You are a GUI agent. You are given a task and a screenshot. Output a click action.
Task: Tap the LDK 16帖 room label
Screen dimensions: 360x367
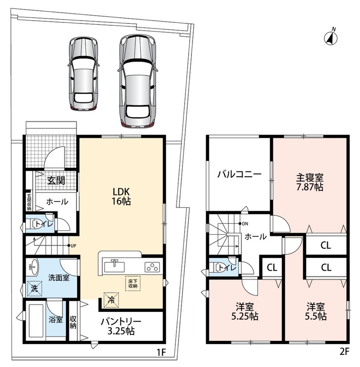coord(121,196)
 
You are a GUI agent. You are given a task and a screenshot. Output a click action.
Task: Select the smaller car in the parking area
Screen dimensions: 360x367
coord(84,73)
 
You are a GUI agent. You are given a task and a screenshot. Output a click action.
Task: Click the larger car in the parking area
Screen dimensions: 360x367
coord(137,81)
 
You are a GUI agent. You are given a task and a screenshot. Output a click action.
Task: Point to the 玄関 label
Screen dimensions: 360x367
coord(56,180)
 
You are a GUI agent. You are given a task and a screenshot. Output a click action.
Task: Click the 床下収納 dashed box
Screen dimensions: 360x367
coord(133,284)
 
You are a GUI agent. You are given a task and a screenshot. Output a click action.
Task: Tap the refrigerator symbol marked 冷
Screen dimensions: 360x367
coord(111,300)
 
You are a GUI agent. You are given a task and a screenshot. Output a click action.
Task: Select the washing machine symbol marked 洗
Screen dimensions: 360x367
coord(34,289)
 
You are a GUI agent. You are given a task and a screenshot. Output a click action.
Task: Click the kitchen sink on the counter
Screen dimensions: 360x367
coord(114,267)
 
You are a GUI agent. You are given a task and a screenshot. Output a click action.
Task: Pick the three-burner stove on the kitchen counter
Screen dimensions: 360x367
coord(152,267)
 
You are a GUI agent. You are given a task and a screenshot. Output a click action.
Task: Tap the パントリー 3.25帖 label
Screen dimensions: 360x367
coord(121,326)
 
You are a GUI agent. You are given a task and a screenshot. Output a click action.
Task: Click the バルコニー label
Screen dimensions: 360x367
coord(239,174)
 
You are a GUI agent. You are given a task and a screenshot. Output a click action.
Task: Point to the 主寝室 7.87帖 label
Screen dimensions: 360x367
coord(309,182)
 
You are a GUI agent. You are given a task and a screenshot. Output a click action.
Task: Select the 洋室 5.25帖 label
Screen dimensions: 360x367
coord(245,311)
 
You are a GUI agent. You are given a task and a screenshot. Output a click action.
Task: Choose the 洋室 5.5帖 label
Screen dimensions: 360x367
coord(316,311)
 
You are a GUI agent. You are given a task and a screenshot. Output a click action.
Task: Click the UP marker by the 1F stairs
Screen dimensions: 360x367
coord(72,246)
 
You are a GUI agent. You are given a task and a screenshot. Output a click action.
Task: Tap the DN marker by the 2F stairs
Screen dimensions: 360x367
coord(243,224)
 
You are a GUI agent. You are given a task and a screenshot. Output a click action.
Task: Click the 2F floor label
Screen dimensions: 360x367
coord(344,351)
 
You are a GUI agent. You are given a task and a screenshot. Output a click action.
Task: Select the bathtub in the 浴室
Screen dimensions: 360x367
coord(36,320)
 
